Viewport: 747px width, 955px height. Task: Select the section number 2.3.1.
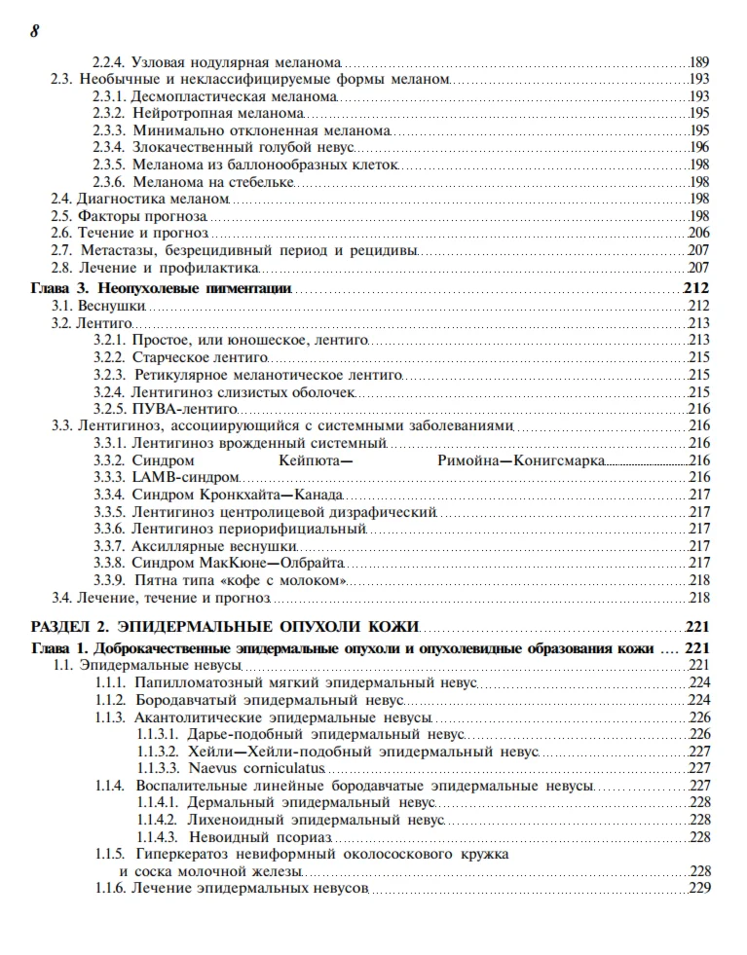109,97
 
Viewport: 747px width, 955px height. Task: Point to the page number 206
698,233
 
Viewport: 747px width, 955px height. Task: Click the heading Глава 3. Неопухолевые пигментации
163,288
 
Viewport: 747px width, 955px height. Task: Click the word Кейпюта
314,460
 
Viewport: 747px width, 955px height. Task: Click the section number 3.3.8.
109,563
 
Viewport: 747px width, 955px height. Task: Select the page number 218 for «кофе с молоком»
698,580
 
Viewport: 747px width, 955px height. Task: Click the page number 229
698,888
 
